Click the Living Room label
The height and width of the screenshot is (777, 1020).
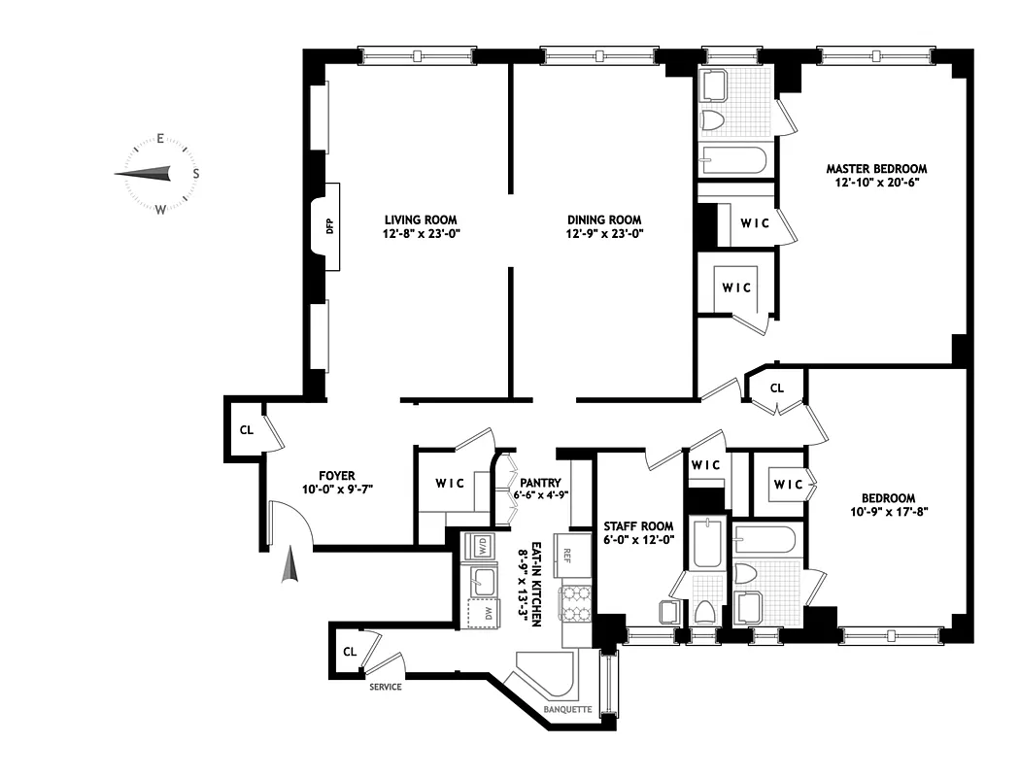point(420,220)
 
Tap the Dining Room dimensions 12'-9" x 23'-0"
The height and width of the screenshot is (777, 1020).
point(604,234)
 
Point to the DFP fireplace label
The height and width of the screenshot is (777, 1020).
point(329,227)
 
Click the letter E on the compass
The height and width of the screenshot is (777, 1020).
point(160,139)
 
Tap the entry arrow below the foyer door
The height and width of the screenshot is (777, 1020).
point(289,566)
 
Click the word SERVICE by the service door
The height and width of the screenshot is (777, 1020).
point(385,687)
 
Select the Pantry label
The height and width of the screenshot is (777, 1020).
point(540,481)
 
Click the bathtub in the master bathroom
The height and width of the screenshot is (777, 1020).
point(733,160)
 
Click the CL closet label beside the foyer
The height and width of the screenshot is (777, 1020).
point(247,429)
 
